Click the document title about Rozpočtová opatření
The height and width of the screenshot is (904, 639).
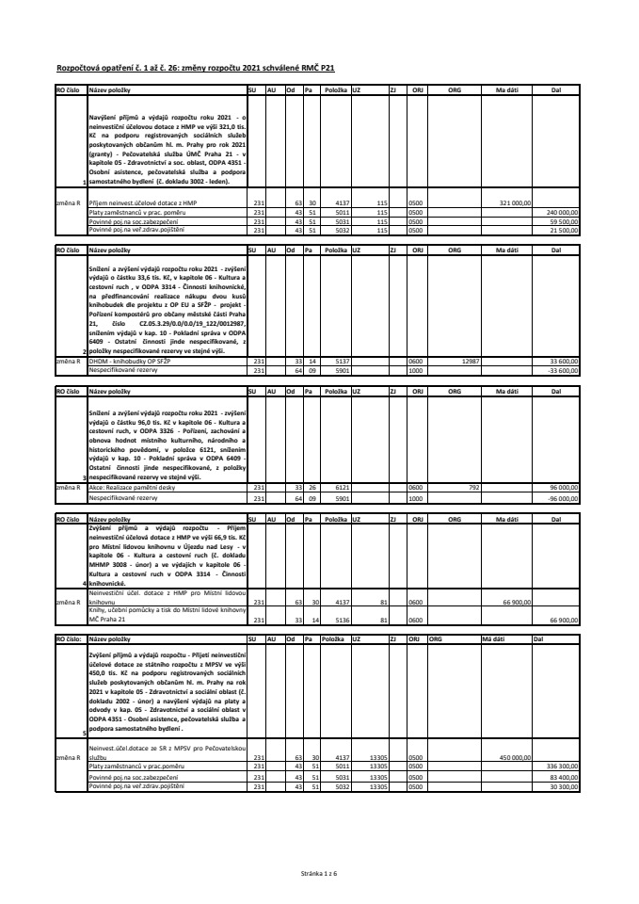pyautogui.click(x=196, y=69)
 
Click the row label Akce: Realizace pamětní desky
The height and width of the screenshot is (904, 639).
pyautogui.click(x=130, y=487)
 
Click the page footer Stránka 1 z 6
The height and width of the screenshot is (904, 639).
pyautogui.click(x=319, y=875)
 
